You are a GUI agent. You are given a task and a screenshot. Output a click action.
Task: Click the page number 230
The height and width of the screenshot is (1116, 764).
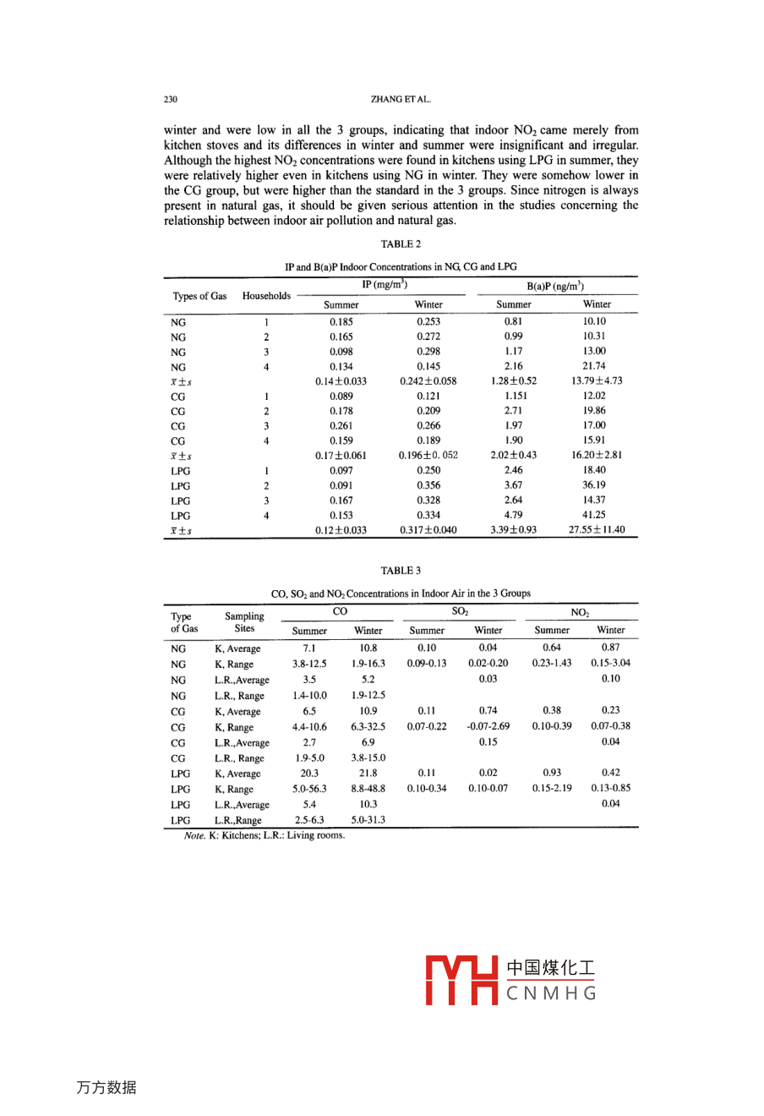click(171, 100)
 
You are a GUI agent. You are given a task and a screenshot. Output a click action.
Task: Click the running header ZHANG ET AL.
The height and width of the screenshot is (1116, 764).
click(401, 100)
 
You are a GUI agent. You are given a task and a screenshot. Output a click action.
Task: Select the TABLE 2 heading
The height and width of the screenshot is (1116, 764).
click(401, 244)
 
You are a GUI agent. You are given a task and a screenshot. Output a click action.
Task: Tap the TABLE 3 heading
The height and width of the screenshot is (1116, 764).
click(401, 571)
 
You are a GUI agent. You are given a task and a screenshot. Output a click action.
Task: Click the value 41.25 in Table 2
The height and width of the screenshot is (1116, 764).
click(594, 515)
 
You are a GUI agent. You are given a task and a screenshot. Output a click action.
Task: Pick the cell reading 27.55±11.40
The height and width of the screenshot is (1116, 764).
click(597, 530)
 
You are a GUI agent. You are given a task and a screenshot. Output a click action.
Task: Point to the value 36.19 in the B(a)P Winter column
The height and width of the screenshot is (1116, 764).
click(594, 485)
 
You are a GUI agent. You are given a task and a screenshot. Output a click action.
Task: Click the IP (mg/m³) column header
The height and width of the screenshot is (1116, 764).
click(385, 285)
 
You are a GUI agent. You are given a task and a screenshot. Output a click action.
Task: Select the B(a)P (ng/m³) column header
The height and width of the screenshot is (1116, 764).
click(555, 287)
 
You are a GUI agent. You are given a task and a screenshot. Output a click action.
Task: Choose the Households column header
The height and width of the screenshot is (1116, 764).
click(266, 296)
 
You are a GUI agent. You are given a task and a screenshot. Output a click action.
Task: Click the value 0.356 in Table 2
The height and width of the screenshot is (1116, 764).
click(428, 485)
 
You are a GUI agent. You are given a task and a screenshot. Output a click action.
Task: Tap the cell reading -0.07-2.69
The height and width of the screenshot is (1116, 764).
click(488, 726)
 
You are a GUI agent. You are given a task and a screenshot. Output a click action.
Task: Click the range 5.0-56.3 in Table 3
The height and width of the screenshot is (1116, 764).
click(309, 789)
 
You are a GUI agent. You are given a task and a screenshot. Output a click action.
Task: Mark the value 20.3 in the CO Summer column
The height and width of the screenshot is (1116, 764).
click(309, 773)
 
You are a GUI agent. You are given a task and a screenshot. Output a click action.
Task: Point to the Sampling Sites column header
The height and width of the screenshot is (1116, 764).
click(244, 622)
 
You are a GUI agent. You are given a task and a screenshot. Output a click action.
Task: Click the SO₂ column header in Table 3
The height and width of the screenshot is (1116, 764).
click(460, 611)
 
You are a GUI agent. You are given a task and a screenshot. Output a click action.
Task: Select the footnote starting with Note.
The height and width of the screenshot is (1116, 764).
click(265, 836)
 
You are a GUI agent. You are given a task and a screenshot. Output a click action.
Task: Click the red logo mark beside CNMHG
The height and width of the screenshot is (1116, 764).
click(461, 981)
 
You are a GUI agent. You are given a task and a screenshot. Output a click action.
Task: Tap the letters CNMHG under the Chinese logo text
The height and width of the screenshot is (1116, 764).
click(551, 993)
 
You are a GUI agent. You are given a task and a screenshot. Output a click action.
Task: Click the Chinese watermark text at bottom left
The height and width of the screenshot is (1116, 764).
click(106, 1088)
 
